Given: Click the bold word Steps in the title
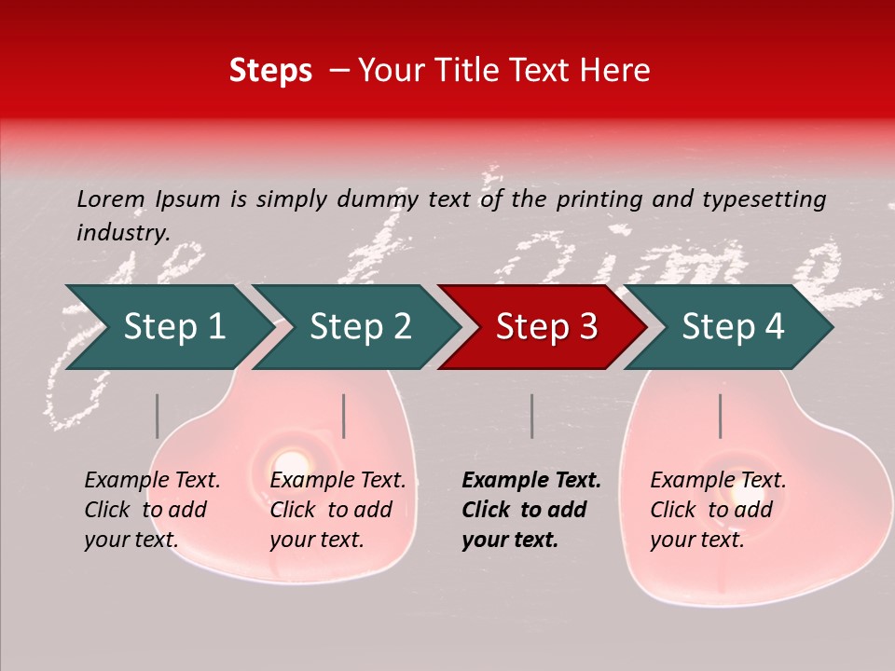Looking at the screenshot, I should click(270, 71).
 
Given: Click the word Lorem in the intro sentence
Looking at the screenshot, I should click(111, 199).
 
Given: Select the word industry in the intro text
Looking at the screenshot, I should click(122, 232).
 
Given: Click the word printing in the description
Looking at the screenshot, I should click(595, 199).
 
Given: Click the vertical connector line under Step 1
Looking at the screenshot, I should click(158, 416).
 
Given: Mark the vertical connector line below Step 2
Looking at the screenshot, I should click(344, 416).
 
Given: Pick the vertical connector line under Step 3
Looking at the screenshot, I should click(531, 416).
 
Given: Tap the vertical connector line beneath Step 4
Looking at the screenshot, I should click(720, 416).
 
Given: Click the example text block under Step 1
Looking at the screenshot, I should click(152, 510).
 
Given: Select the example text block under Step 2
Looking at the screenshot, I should click(337, 510).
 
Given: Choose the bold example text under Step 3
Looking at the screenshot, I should click(531, 510).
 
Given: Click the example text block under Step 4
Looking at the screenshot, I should click(718, 510).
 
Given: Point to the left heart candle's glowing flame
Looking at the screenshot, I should click(291, 461).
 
